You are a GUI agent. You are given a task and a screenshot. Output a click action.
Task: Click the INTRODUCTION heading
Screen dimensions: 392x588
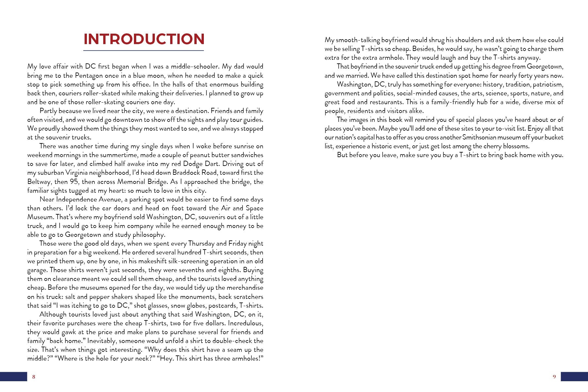click(x=144, y=39)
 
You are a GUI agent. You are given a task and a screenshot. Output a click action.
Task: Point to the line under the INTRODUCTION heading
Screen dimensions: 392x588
click(x=144, y=51)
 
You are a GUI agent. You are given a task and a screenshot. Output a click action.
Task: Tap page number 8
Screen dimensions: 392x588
click(x=34, y=377)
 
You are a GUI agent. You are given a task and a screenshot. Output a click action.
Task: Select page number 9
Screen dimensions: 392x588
click(x=554, y=377)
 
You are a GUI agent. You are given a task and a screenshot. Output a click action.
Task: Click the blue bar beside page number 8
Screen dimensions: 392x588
click(x=13, y=376)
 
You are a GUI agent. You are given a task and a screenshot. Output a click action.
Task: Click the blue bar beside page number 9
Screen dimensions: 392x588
click(x=574, y=376)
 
